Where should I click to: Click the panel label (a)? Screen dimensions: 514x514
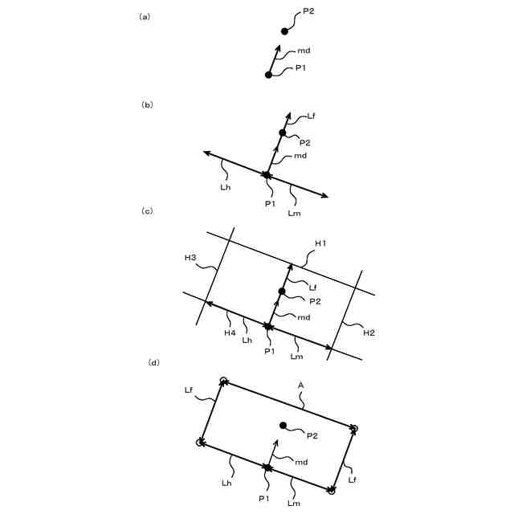pyautogui.click(x=145, y=16)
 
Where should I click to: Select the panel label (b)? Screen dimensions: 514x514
pyautogui.click(x=146, y=104)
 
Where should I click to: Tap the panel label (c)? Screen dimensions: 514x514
pyautogui.click(x=146, y=210)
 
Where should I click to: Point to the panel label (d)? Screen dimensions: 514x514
pyautogui.click(x=153, y=362)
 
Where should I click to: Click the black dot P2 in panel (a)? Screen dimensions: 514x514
pyautogui.click(x=284, y=31)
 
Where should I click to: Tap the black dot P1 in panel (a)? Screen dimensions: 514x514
pyautogui.click(x=268, y=75)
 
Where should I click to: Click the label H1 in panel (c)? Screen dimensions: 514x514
pyautogui.click(x=320, y=243)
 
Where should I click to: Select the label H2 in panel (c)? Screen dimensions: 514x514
pyautogui.click(x=369, y=332)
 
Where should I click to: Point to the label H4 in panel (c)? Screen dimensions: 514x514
pyautogui.click(x=230, y=332)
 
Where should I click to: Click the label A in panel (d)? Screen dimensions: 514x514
pyautogui.click(x=300, y=385)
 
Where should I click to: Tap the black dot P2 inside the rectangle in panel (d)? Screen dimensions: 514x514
pyautogui.click(x=282, y=425)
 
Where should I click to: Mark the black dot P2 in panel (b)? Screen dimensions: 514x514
pyautogui.click(x=282, y=133)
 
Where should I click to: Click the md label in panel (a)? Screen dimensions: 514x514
pyautogui.click(x=304, y=51)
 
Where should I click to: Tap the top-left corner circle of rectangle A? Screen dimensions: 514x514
pyautogui.click(x=224, y=381)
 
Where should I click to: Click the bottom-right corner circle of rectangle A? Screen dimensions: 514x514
pyautogui.click(x=331, y=490)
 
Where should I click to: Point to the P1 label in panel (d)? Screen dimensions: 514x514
pyautogui.click(x=263, y=499)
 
